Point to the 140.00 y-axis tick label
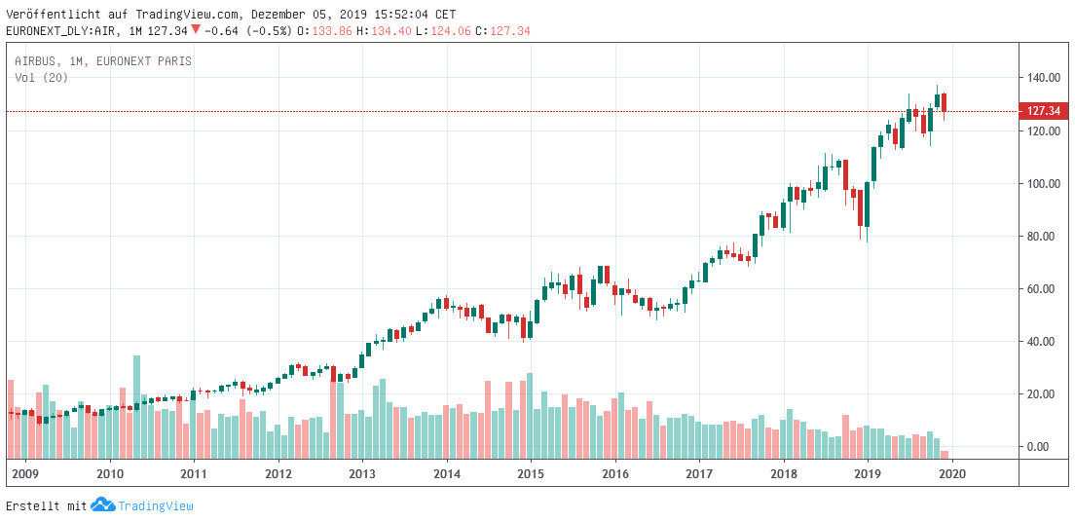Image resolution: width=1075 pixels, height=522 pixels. tap(1042, 78)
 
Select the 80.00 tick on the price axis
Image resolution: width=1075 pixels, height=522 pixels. tap(1042, 237)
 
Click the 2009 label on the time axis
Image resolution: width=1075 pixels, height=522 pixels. tap(24, 472)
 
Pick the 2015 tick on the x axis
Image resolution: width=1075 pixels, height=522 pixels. tap(531, 472)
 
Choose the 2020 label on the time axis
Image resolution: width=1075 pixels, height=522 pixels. tap(951, 472)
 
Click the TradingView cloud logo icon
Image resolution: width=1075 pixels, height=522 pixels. tap(102, 505)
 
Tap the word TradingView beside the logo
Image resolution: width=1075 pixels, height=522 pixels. tap(156, 506)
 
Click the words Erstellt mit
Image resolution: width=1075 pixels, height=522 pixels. tap(46, 506)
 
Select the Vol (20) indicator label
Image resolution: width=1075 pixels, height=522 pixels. tap(42, 78)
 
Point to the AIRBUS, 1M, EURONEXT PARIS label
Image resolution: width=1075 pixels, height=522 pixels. tap(103, 61)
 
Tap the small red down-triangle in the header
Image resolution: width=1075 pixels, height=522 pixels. tap(196, 30)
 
